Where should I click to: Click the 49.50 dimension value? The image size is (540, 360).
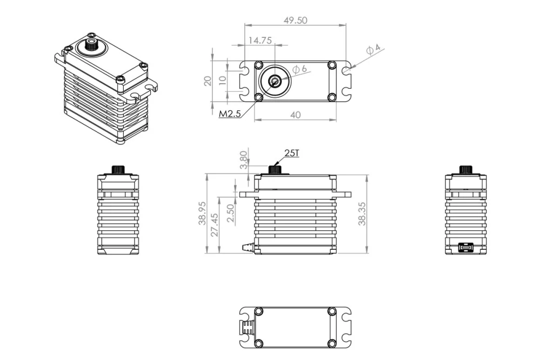coord(295,20)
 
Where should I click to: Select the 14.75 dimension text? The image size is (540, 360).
coord(260,41)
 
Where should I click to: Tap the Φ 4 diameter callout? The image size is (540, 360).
coord(374,49)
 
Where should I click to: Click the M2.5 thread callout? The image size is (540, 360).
coord(229,114)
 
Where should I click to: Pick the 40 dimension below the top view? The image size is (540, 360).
coord(295,115)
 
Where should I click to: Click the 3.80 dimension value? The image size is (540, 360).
coord(244,160)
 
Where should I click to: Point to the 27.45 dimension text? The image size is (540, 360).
coord(214,224)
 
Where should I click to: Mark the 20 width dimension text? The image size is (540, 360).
coord(207,81)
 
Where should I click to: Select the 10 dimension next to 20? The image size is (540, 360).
coord(222,82)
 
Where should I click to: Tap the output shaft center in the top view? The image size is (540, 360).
coord(275,81)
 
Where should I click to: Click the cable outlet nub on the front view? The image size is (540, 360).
coord(247,248)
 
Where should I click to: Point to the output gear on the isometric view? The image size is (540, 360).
coord(90,45)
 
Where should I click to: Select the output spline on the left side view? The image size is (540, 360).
coord(118,169)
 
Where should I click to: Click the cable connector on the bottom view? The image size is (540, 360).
coord(247,328)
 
